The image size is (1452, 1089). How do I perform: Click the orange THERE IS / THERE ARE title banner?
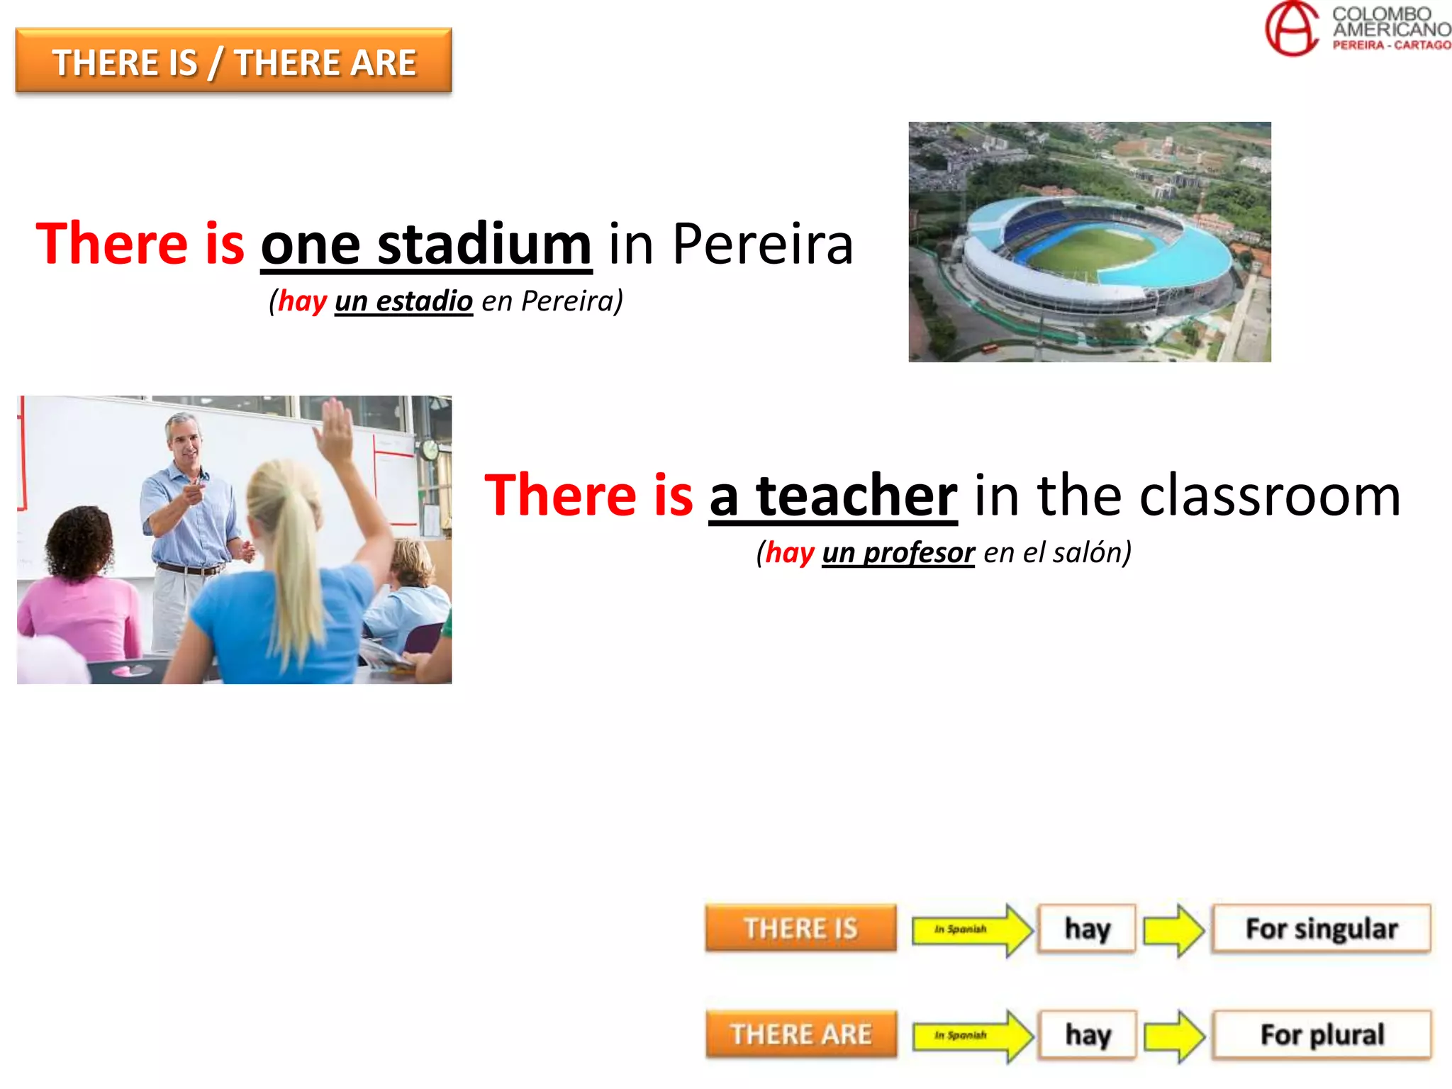233,61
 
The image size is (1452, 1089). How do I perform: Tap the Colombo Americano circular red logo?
1292,28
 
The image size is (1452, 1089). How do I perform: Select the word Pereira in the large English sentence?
762,244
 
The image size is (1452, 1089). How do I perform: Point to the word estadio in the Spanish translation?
424,301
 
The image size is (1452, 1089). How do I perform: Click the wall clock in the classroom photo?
430,449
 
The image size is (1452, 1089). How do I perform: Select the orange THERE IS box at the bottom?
800,928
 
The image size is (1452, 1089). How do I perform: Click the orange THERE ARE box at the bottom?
801,1034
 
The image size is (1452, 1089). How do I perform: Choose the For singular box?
1322,928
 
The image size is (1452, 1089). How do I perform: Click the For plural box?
1322,1034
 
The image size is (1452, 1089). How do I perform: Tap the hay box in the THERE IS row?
1087,928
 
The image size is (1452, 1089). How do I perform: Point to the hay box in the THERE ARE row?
1088,1034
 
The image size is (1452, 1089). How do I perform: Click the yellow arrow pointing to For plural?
1174,1036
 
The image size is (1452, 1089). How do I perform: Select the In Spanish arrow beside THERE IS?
970,929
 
